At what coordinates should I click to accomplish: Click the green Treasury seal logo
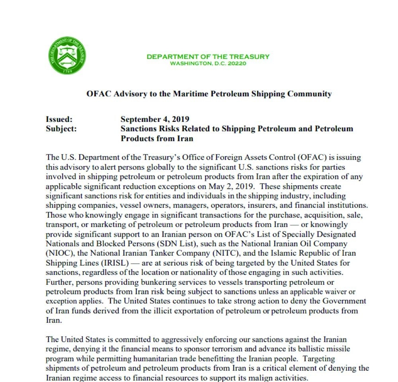click(67, 55)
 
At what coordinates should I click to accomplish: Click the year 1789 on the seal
click(67, 71)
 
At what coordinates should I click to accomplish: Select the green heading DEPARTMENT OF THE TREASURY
click(208, 57)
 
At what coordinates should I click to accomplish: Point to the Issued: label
click(59, 119)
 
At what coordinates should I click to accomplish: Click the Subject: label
click(61, 129)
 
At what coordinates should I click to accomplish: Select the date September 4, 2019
click(155, 119)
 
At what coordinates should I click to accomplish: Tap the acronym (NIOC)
click(59, 253)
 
